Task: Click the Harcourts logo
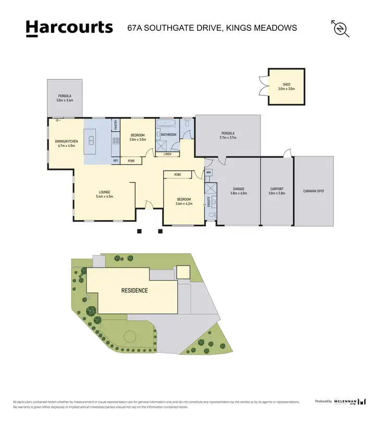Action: point(69,27)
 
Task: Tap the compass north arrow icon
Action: point(340,28)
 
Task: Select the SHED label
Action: point(286,84)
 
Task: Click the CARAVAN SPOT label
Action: point(314,191)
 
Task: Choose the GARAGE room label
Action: point(238,189)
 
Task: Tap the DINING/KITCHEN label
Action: point(66,141)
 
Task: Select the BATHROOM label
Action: point(169,135)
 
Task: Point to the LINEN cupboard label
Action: point(167,154)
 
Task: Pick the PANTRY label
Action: point(115,125)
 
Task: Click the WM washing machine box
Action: point(209,172)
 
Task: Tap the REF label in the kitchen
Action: point(116,161)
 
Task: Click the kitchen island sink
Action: point(91,140)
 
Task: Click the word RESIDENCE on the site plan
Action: point(135,291)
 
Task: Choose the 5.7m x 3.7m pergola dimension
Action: point(227,138)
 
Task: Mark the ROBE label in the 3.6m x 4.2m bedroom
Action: point(177,174)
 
